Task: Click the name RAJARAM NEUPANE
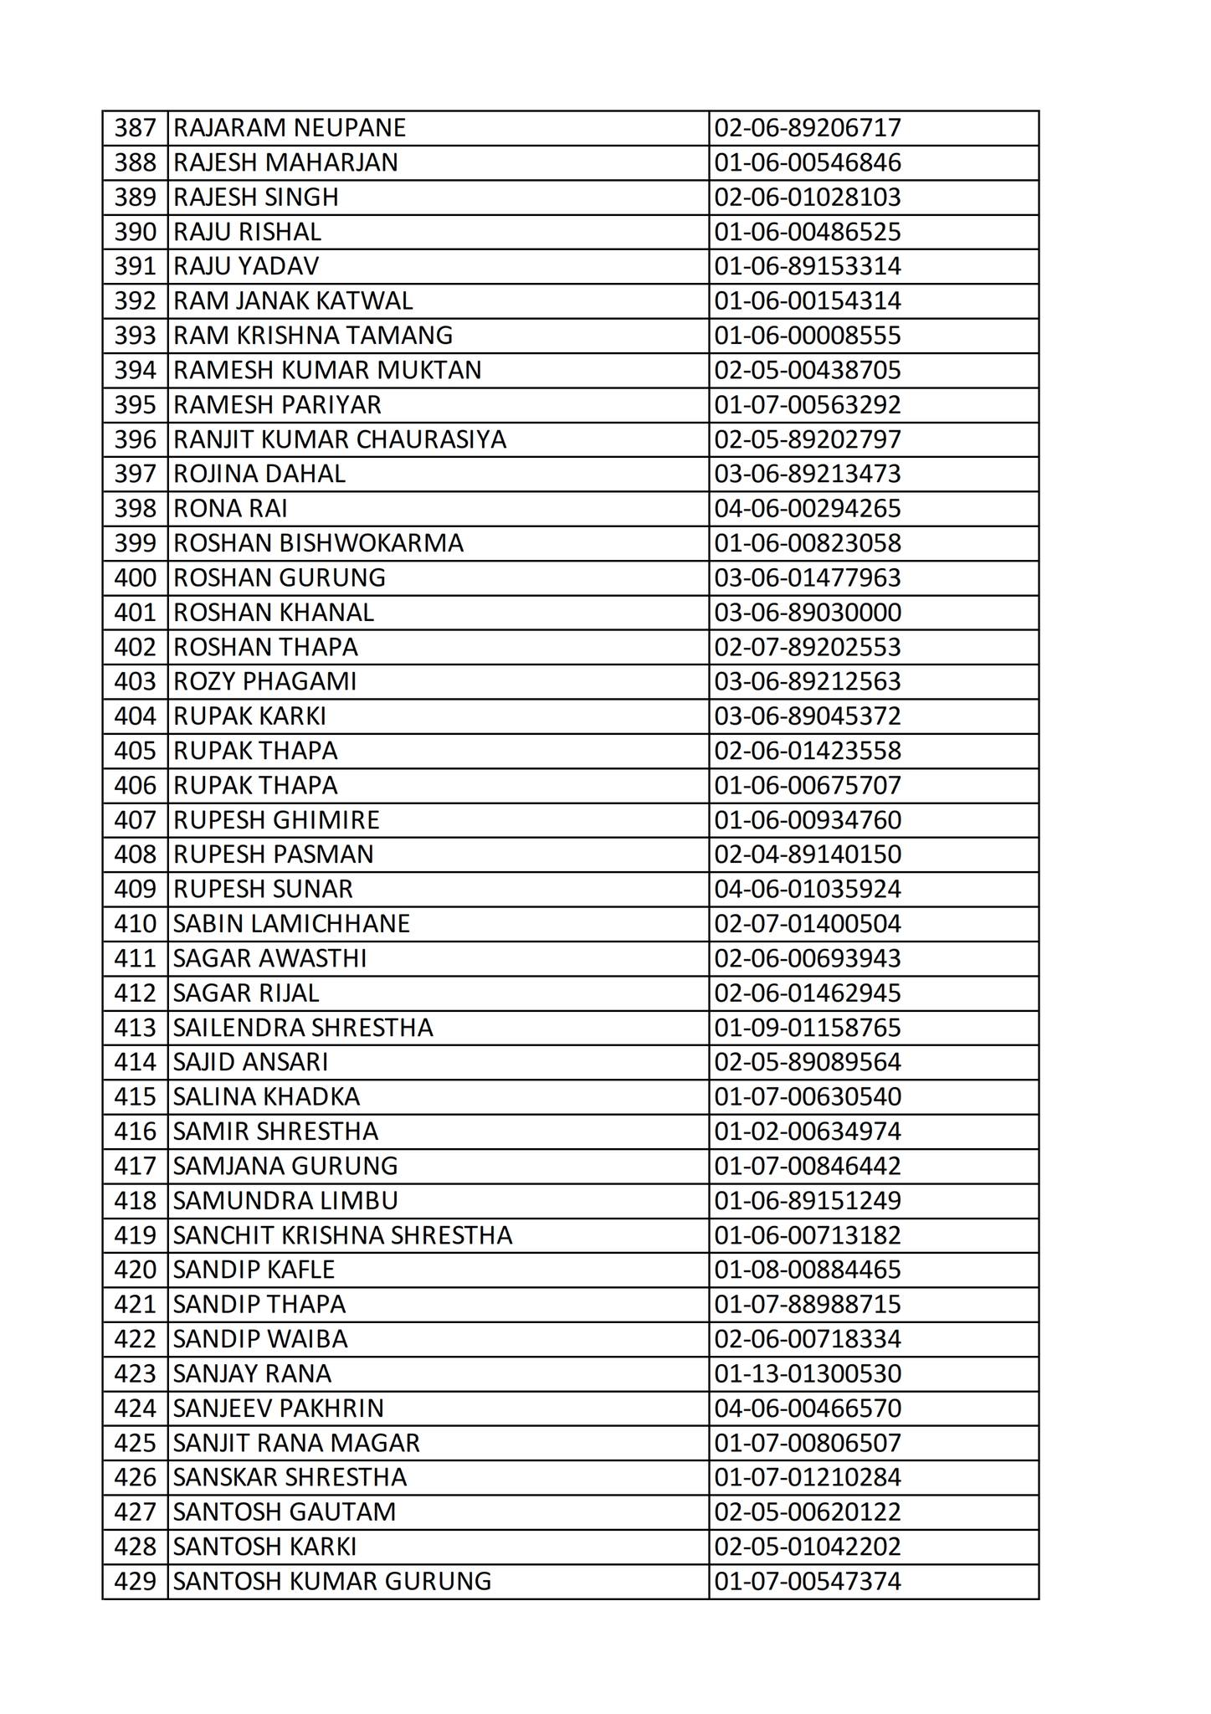coord(290,128)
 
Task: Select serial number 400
coord(136,578)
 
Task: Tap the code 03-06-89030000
coord(808,613)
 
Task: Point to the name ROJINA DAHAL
coord(259,475)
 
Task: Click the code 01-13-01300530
coord(808,1374)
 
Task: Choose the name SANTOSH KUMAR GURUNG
coord(332,1582)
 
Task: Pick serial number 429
coord(136,1582)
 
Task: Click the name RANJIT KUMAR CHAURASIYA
coord(340,439)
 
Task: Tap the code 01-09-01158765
coord(808,1028)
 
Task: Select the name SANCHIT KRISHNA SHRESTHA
coord(343,1235)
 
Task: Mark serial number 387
coord(136,128)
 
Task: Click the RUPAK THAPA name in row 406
coord(256,786)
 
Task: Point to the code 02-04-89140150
coord(808,854)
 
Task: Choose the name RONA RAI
coord(231,509)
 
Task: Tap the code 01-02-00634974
coord(808,1132)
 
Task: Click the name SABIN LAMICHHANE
coord(292,924)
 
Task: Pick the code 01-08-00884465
coord(808,1270)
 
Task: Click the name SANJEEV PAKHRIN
coord(279,1409)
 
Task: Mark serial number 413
coord(136,1028)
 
